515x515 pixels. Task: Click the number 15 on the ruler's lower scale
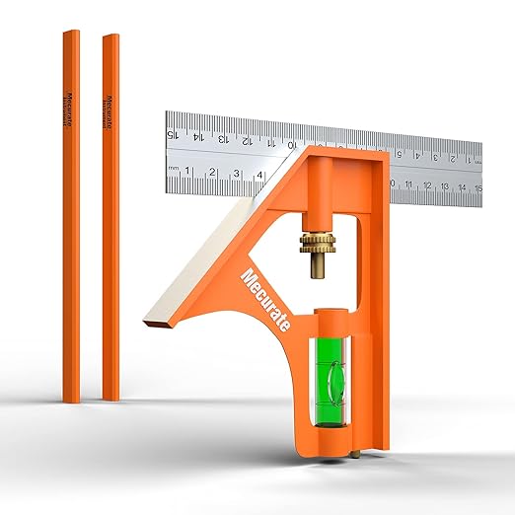click(478, 187)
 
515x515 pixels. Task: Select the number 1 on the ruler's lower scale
click(188, 173)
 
